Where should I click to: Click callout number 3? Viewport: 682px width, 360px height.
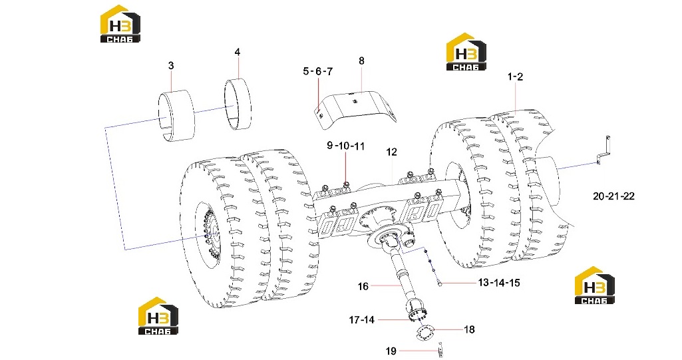pyautogui.click(x=171, y=66)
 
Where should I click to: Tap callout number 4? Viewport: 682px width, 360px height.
pyautogui.click(x=237, y=52)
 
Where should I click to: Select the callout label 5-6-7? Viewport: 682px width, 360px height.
pyautogui.click(x=318, y=71)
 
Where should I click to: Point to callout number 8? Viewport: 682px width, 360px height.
pyautogui.click(x=361, y=61)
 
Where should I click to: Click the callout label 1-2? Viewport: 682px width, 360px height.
pyautogui.click(x=516, y=77)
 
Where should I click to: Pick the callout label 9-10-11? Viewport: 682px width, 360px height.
pyautogui.click(x=346, y=146)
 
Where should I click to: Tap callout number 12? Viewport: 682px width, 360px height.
pyautogui.click(x=391, y=152)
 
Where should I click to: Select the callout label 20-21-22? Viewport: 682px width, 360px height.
pyautogui.click(x=613, y=196)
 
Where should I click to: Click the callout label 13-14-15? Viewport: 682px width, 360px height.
pyautogui.click(x=499, y=283)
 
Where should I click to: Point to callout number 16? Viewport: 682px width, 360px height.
pyautogui.click(x=363, y=287)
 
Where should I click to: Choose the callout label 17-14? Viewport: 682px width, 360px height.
pyautogui.click(x=361, y=320)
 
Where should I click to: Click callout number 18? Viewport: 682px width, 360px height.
pyautogui.click(x=469, y=329)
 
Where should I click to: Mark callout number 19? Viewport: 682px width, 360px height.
pyautogui.click(x=391, y=351)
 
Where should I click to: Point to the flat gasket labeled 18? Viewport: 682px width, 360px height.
pyautogui.click(x=424, y=333)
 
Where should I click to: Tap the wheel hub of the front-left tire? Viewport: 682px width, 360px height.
pyautogui.click(x=209, y=235)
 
